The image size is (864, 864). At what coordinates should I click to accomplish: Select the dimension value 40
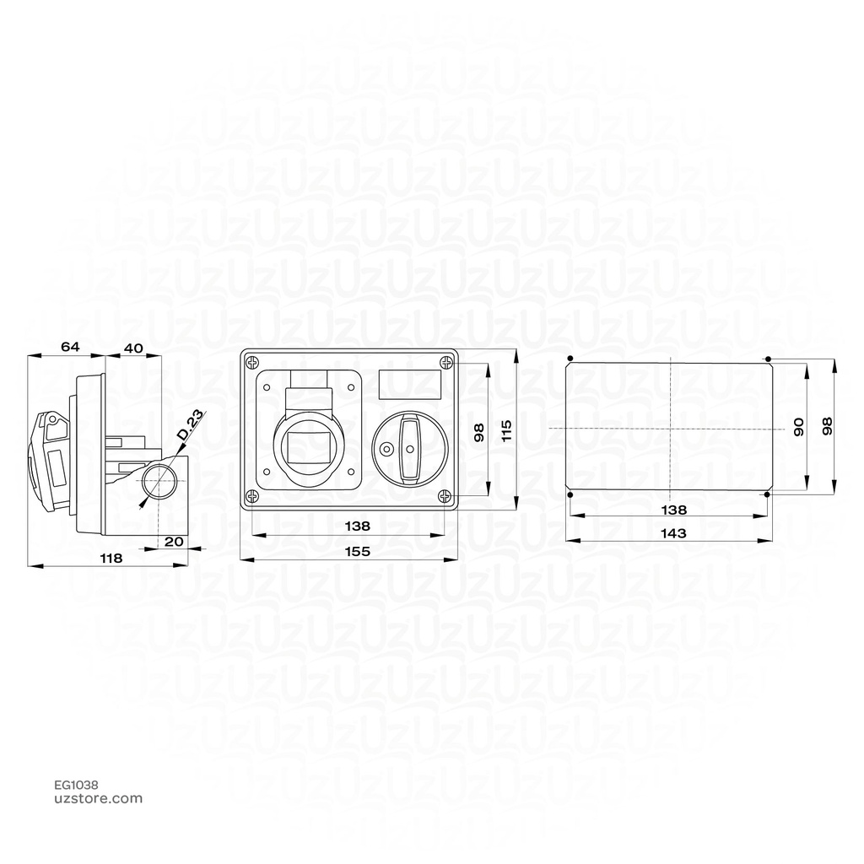(x=133, y=347)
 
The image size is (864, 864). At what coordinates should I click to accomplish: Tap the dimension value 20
(x=174, y=542)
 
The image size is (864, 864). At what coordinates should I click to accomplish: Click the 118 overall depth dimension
(x=111, y=558)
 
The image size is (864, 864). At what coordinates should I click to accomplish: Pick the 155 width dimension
(x=358, y=551)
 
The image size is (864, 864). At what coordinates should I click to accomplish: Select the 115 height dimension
(x=506, y=432)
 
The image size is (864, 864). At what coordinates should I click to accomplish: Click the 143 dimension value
(x=673, y=533)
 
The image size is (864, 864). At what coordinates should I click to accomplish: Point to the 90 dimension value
(x=798, y=427)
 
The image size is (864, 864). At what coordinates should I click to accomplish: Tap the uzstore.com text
(x=98, y=798)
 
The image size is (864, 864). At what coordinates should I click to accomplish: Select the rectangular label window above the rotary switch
(x=410, y=385)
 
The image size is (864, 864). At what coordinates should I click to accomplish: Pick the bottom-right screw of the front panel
(x=445, y=497)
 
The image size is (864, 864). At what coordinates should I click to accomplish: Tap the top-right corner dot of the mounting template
(x=769, y=357)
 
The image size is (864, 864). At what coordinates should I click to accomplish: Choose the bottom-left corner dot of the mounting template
(x=570, y=495)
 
